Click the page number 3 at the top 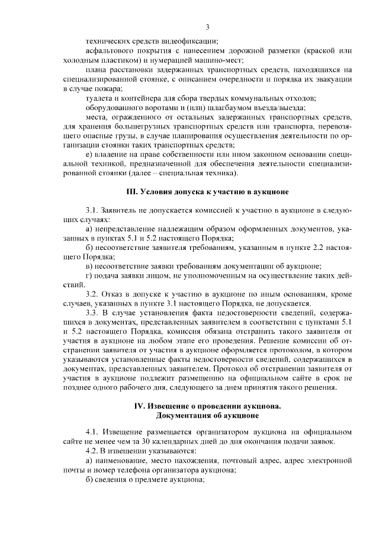tap(208, 27)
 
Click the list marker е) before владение tap(89, 155)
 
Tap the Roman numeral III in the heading tap(134, 192)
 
